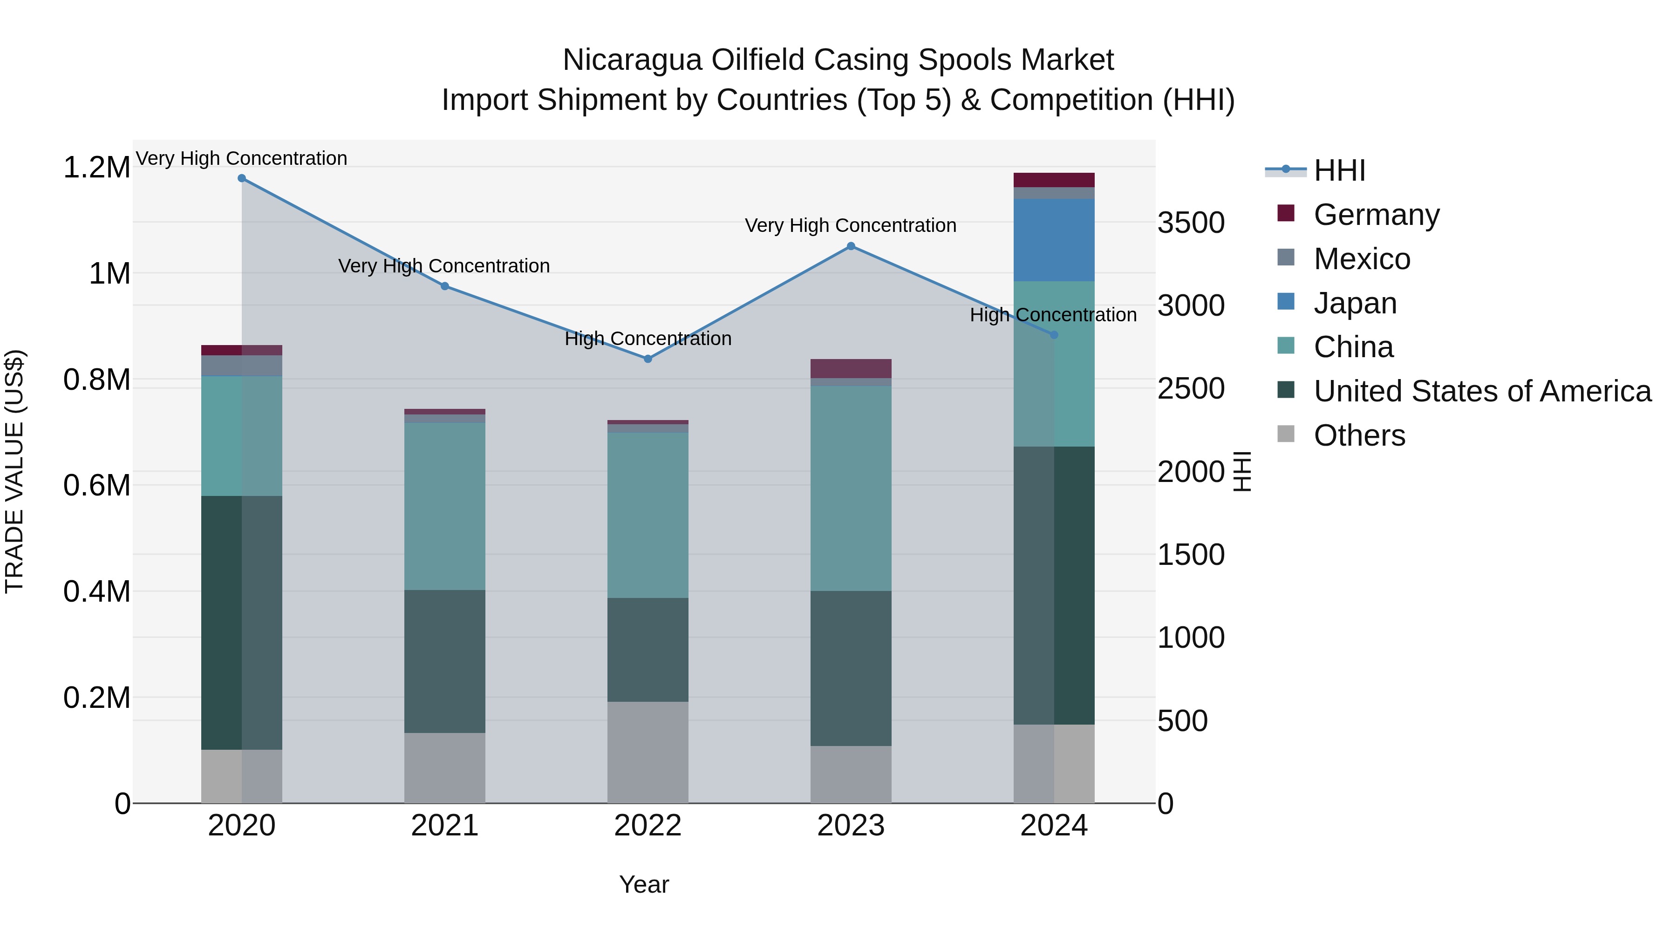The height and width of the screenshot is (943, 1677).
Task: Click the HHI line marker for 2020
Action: (x=241, y=178)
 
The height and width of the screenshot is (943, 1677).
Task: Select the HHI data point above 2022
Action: (x=648, y=359)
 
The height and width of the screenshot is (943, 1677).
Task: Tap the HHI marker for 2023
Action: (x=851, y=246)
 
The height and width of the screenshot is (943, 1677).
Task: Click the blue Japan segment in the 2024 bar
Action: (x=1054, y=240)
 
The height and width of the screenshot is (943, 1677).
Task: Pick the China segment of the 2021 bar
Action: (x=445, y=506)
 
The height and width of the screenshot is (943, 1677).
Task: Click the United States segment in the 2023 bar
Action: (x=851, y=668)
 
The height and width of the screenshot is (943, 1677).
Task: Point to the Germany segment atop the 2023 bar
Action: (x=851, y=368)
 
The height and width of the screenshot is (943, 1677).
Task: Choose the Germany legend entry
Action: (x=1376, y=215)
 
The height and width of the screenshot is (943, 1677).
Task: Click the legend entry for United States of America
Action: (x=1482, y=391)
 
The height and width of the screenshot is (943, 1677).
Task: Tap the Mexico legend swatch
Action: (x=1286, y=258)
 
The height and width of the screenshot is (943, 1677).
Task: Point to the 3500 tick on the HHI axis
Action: (x=1191, y=223)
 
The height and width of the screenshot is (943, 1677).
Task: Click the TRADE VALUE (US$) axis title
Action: (x=14, y=471)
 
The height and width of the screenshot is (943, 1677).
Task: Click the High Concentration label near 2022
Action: (x=648, y=339)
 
